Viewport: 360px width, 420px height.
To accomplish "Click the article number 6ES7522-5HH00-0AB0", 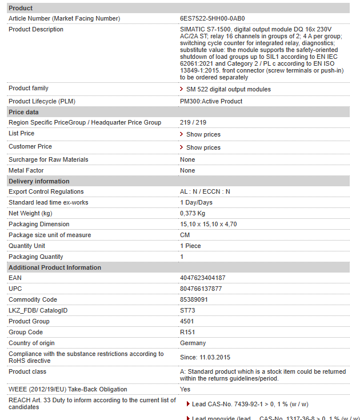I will point(212,18).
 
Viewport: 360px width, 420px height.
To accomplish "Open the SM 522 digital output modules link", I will point(228,89).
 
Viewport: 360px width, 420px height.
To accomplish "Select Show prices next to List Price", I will point(203,134).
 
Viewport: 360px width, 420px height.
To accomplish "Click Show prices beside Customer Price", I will point(203,147).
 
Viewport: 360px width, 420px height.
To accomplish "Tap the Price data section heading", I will point(24,112).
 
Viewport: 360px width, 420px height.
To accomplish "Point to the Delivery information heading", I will point(39,181).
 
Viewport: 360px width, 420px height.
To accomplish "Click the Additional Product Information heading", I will point(55,267).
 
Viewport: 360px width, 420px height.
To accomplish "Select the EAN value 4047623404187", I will point(202,278).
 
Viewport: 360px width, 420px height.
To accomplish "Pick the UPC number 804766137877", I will point(201,289).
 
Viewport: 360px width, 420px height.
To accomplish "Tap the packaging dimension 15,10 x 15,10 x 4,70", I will point(208,224).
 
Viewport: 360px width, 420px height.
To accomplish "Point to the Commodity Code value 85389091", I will point(194,299).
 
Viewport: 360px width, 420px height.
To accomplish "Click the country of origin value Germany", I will point(193,343).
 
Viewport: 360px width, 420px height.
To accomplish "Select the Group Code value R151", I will point(187,332).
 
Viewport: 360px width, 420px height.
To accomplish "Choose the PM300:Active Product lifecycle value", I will point(211,101).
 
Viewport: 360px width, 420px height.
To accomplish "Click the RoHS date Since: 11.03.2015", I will point(206,357).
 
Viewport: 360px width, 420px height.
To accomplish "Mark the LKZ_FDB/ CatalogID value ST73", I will point(187,310).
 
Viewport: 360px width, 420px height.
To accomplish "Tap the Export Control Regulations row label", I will point(46,191).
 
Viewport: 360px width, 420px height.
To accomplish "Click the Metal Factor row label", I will point(26,170).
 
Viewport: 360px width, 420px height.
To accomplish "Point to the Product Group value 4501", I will point(186,321).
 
